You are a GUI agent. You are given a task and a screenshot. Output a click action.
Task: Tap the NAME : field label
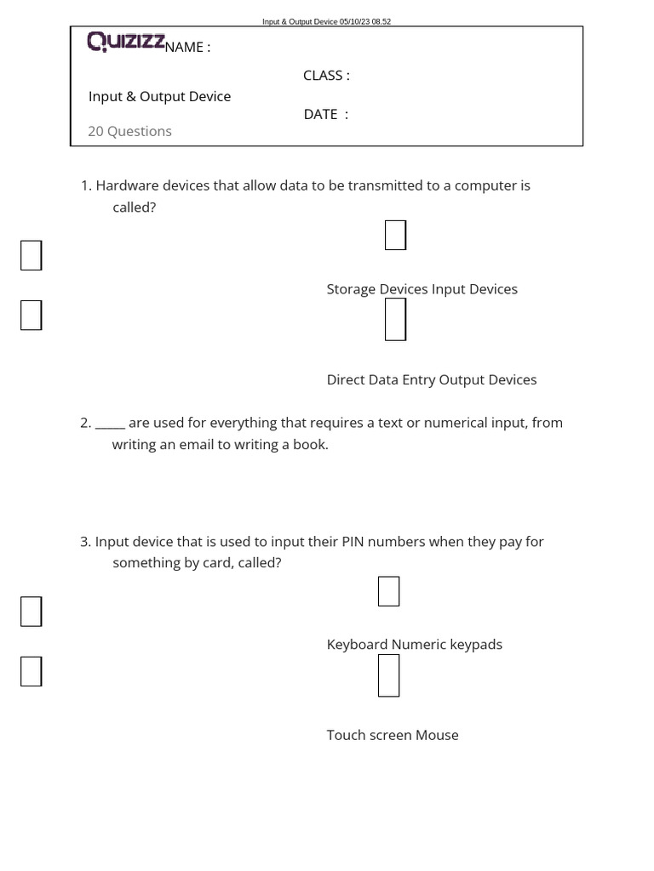[x=186, y=48]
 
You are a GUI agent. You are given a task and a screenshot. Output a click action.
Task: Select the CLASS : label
[x=326, y=76]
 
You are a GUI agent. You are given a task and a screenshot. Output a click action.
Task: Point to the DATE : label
[x=326, y=115]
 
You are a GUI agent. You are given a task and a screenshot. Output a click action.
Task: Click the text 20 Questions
[x=129, y=131]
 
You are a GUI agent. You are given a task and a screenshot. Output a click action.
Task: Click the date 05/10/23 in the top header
[x=354, y=22]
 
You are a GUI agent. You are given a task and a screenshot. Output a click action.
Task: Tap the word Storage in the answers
[x=351, y=289]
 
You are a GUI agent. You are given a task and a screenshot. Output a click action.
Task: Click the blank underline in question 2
[x=110, y=424]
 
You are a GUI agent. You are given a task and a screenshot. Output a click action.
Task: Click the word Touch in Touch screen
[x=346, y=735]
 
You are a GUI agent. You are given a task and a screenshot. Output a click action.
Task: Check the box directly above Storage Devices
[x=395, y=235]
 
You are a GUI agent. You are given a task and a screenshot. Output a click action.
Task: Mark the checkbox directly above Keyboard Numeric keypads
[x=388, y=591]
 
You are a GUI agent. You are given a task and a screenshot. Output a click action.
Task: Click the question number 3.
[x=84, y=542]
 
